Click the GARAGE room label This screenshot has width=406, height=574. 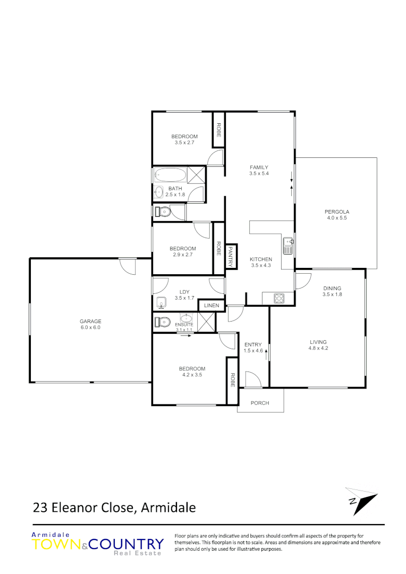[90, 321]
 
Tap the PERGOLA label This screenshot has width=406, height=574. [337, 212]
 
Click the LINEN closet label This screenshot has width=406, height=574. [212, 306]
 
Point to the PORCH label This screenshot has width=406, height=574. [260, 403]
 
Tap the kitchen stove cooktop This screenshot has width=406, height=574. [280, 299]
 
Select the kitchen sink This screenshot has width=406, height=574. [288, 246]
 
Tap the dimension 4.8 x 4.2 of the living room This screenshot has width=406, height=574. [318, 349]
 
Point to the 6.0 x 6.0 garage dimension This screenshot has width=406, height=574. [90, 328]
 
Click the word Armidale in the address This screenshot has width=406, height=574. [170, 508]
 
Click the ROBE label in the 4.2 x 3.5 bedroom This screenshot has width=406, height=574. [232, 379]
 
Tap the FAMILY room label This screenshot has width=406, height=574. [259, 167]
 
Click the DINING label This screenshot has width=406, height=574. [332, 289]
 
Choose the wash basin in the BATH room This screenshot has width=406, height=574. [159, 192]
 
